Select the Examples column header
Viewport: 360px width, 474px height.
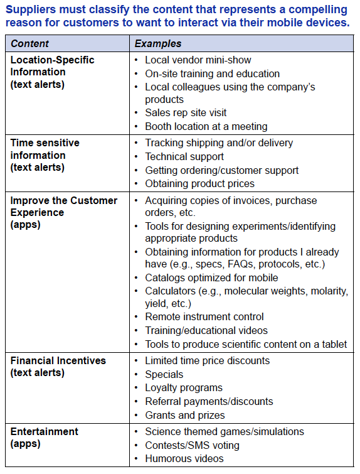click(x=158, y=44)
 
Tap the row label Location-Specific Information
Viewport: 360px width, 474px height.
click(x=53, y=72)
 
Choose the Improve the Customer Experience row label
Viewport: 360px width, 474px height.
click(x=64, y=212)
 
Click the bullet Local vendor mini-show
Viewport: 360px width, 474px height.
click(x=198, y=60)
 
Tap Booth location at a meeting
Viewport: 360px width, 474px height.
click(x=206, y=126)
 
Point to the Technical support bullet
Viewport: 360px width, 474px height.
click(x=184, y=157)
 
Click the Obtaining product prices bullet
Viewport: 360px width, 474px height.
click(x=199, y=183)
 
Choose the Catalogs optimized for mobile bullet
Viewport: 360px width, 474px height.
click(x=211, y=277)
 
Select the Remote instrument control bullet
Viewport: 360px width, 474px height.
click(x=204, y=317)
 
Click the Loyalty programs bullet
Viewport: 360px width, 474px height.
click(x=184, y=388)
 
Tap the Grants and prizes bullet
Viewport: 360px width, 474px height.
click(x=184, y=415)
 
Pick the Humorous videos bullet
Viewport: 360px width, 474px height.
click(x=183, y=458)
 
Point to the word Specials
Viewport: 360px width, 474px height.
click(x=164, y=375)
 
